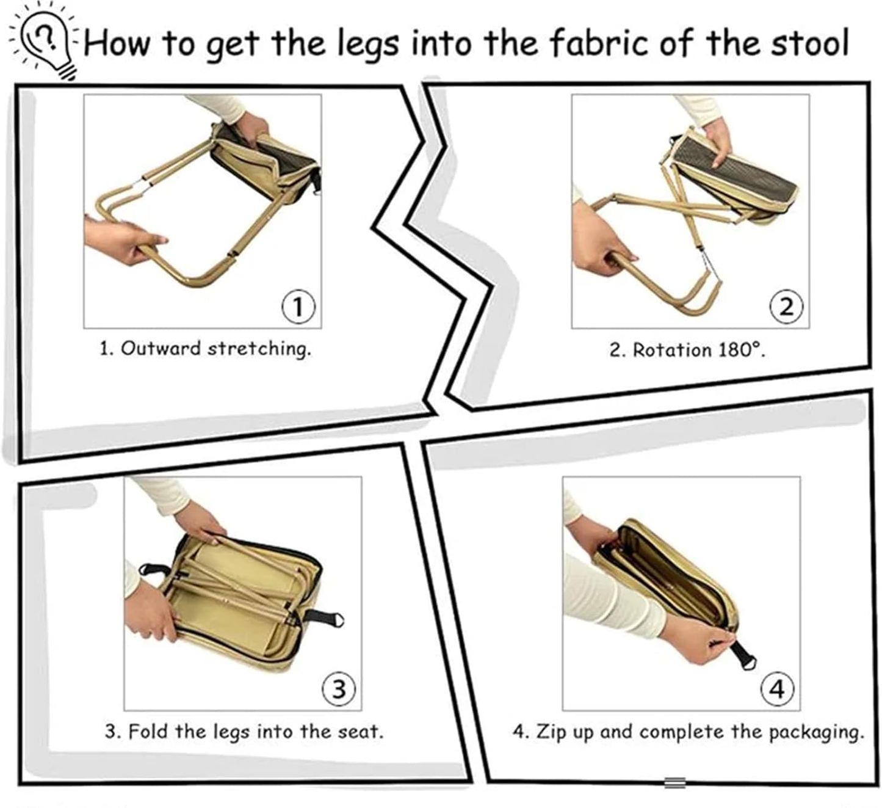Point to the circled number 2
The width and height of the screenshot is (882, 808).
tap(786, 307)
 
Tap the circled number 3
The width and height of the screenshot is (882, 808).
tap(339, 689)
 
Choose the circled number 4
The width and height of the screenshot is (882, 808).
tap(778, 689)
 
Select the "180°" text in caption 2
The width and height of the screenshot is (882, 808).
tap(741, 349)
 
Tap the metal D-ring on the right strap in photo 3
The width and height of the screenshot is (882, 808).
tap(337, 620)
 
